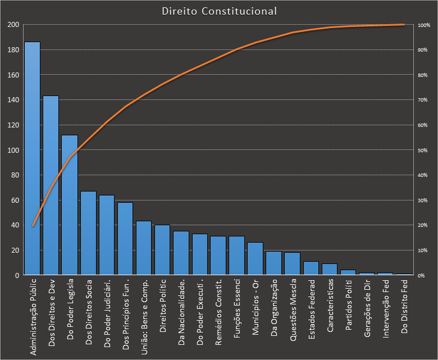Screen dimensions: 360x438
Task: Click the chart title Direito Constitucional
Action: pyautogui.click(x=219, y=11)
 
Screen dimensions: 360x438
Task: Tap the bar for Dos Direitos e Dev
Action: pyautogui.click(x=51, y=185)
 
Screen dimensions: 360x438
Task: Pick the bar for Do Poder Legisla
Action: pyautogui.click(x=69, y=205)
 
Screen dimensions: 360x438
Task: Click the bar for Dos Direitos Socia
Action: pyautogui.click(x=88, y=233)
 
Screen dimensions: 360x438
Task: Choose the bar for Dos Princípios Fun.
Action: pyautogui.click(x=125, y=239)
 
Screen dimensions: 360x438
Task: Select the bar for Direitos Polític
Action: pyautogui.click(x=162, y=250)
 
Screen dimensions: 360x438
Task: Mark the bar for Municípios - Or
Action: pyautogui.click(x=255, y=259)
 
